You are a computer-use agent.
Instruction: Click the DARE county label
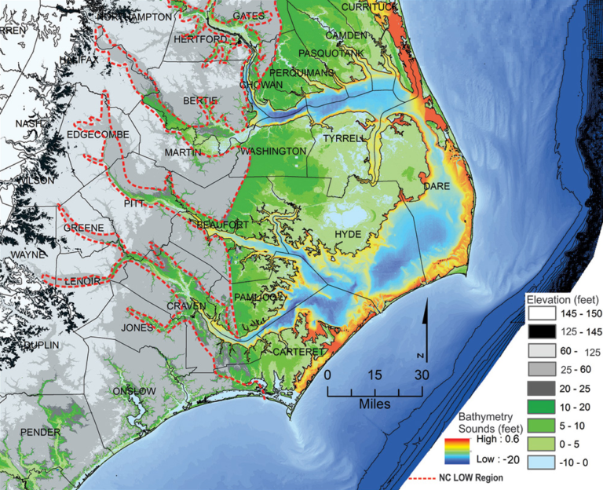435,188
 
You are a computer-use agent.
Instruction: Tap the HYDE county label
348,235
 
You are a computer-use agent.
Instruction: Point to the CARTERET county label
298,353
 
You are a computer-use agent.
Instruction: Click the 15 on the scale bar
375,375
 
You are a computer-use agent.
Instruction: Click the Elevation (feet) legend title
562,299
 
